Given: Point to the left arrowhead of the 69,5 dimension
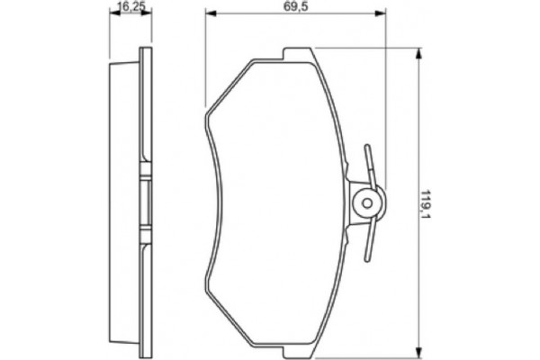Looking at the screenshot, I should [x=209, y=13].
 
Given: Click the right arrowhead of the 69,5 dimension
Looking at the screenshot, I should [x=382, y=13].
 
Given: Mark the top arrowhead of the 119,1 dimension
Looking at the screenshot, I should [x=418, y=54].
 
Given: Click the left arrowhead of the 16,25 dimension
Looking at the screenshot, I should [x=112, y=13].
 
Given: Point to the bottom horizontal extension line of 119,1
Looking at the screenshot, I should [x=378, y=355].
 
